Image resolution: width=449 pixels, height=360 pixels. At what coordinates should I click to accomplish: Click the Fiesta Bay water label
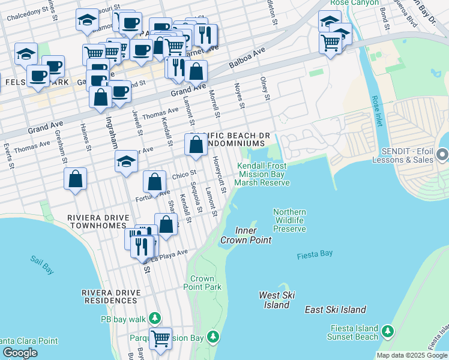pyautogui.click(x=315, y=254)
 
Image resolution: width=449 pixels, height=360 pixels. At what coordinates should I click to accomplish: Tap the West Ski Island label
pyautogui.click(x=274, y=300)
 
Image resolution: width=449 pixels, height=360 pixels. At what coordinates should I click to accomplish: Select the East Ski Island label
pyautogui.click(x=335, y=310)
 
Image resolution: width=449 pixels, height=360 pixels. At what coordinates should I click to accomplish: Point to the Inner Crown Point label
pyautogui.click(x=246, y=235)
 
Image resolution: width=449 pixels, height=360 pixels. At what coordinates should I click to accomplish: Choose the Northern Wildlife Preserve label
pyautogui.click(x=289, y=220)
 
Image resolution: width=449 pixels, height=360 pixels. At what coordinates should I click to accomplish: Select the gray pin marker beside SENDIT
pyautogui.click(x=443, y=155)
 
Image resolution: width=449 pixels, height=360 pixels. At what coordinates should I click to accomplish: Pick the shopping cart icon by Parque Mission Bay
pyautogui.click(x=160, y=338)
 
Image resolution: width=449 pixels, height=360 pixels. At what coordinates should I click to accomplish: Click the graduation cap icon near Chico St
pyautogui.click(x=126, y=161)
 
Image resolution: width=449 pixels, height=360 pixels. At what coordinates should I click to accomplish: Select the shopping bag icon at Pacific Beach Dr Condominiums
pyautogui.click(x=196, y=145)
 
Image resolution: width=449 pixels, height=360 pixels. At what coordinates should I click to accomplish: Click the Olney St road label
pyautogui.click(x=264, y=88)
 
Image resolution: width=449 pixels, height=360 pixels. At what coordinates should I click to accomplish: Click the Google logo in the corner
pyautogui.click(x=20, y=353)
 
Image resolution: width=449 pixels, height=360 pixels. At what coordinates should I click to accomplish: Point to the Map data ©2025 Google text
pyautogui.click(x=411, y=355)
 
